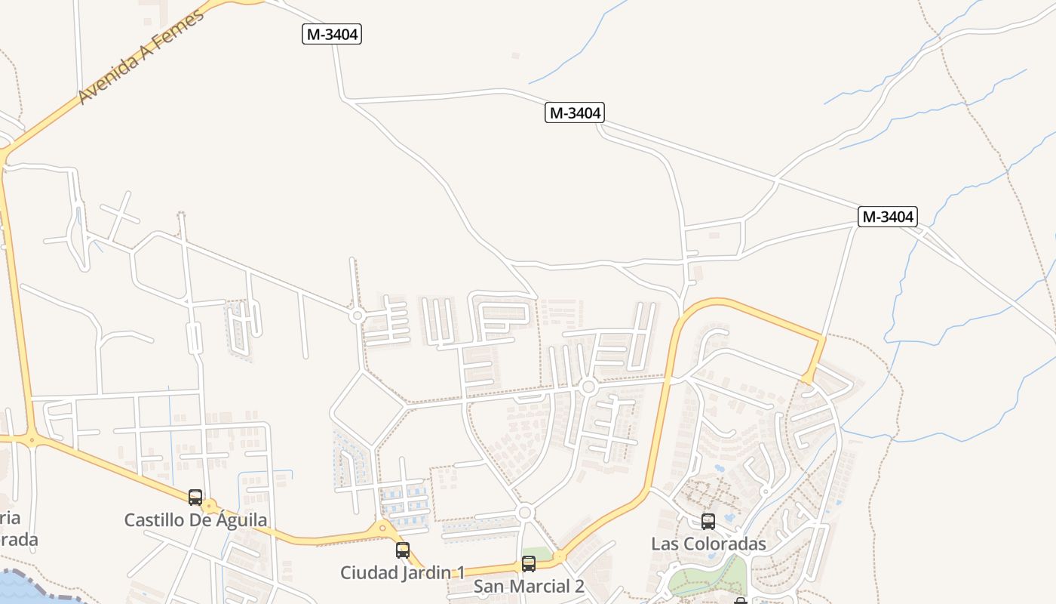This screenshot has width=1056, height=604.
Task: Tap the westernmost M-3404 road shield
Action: coord(332,34)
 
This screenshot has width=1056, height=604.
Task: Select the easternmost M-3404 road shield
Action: coord(888,217)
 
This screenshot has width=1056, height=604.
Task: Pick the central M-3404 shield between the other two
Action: coord(575,113)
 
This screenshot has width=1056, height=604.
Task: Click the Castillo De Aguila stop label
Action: coord(195,520)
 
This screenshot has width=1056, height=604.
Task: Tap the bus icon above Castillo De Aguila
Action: coord(195,498)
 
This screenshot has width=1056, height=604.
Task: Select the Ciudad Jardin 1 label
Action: coord(402,572)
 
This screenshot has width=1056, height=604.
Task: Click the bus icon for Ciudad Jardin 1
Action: coord(403,550)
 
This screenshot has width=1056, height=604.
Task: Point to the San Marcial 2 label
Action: coord(529,586)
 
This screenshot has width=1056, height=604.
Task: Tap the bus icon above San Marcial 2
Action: coord(529,563)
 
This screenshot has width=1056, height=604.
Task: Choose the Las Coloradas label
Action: coord(708,544)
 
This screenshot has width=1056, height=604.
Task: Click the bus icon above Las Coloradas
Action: coord(708,521)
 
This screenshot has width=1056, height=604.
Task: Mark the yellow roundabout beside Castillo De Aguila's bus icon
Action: coord(210,506)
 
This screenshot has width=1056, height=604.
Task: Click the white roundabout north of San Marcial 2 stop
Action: coord(526,513)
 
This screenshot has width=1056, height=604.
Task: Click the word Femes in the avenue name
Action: coord(180,29)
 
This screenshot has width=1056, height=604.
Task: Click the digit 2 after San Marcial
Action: coord(579,586)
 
